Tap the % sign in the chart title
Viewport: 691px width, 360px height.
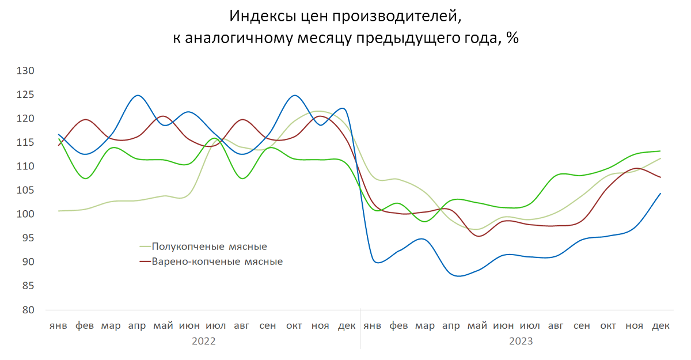[512, 39]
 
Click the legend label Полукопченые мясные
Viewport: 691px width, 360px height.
[209, 247]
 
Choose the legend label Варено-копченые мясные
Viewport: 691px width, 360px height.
[217, 262]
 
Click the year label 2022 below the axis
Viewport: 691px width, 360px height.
[203, 341]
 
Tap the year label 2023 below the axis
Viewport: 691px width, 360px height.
[521, 341]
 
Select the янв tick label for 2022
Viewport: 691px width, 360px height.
[58, 326]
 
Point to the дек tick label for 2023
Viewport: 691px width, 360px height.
[660, 326]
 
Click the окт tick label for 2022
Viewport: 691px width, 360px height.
[294, 326]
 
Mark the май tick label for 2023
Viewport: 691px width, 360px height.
[477, 326]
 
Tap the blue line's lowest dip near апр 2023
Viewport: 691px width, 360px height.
[458, 276]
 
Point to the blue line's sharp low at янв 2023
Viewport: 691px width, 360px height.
[377, 262]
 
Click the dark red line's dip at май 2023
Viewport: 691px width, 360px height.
[479, 236]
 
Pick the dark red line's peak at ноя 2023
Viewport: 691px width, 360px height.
[636, 168]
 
